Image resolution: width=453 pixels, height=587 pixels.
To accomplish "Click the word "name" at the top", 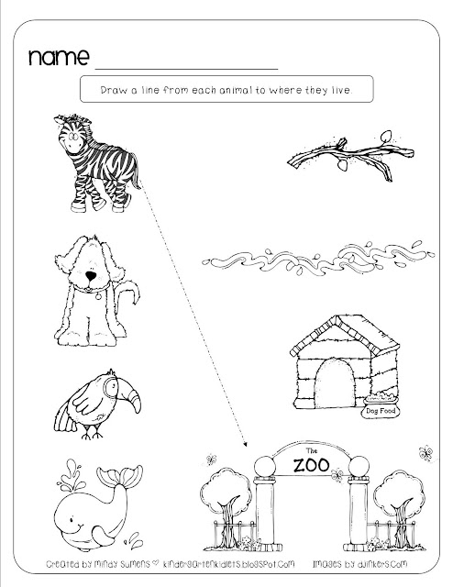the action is pyautogui.click(x=59, y=57).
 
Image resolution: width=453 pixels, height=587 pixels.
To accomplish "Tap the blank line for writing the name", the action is pyautogui.click(x=186, y=69).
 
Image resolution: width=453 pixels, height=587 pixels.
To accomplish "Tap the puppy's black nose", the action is pyautogui.click(x=91, y=276).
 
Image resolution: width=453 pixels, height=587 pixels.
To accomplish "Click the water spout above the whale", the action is pyautogui.click(x=72, y=475).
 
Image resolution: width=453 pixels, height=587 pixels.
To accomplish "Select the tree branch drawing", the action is pyautogui.click(x=350, y=156).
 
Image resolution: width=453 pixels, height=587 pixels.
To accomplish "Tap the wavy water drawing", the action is pyautogui.click(x=318, y=259).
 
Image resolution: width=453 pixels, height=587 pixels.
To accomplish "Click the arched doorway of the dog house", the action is pyautogui.click(x=335, y=384).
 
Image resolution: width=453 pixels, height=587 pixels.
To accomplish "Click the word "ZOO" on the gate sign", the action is pyautogui.click(x=312, y=465).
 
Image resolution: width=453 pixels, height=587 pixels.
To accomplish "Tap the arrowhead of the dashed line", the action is pyautogui.click(x=245, y=444).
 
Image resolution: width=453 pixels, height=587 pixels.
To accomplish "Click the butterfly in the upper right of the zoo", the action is pyautogui.click(x=425, y=453).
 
